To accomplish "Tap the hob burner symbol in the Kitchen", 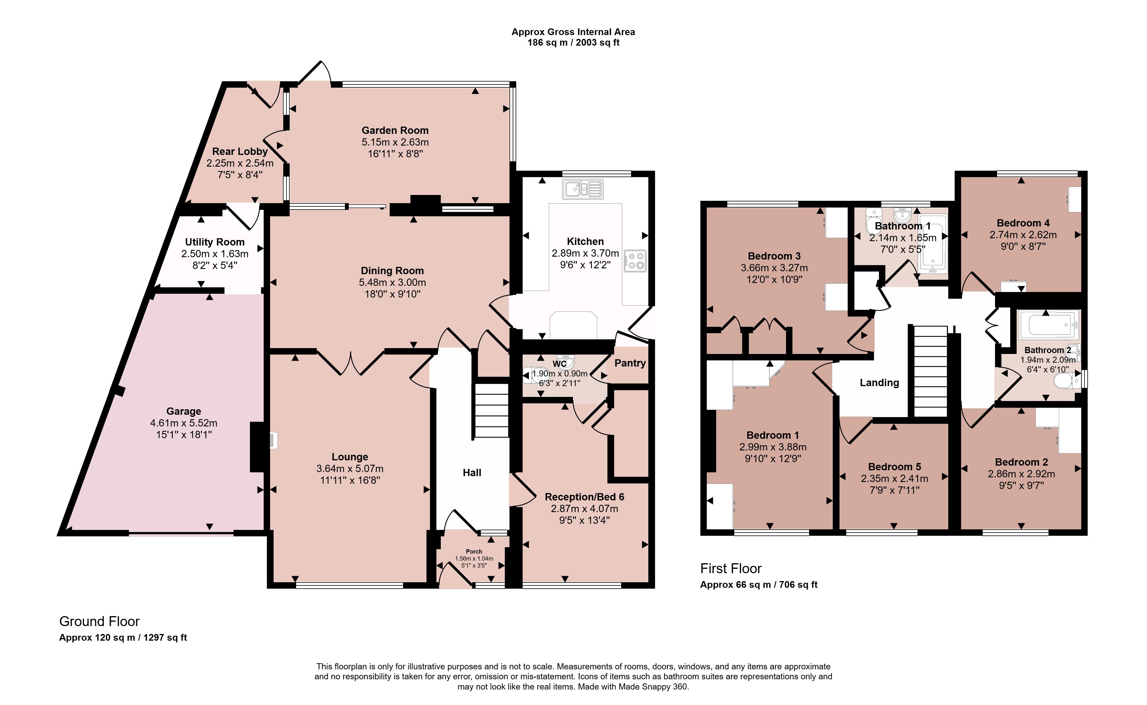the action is [x=635, y=261].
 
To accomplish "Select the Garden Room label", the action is [x=395, y=131].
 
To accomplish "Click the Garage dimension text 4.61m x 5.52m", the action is [x=184, y=423].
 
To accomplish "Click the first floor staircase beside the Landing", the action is [x=930, y=371].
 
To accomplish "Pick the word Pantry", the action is [x=630, y=363].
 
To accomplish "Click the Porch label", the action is [x=474, y=552].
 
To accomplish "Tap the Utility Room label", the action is [x=215, y=242].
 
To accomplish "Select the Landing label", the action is [x=879, y=383].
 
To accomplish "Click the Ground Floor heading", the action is [x=99, y=621].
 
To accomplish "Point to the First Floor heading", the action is [x=731, y=569].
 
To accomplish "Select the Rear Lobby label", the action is [x=240, y=151].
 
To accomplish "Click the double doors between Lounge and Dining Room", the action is [x=351, y=362].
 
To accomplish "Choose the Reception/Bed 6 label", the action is [x=584, y=497].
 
